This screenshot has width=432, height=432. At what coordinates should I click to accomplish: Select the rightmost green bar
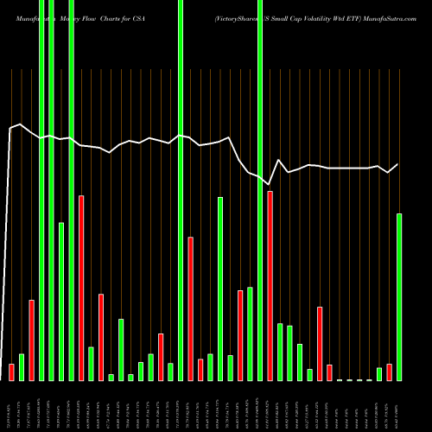coord(399,296)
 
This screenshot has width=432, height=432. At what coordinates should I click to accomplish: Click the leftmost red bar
coord(12,372)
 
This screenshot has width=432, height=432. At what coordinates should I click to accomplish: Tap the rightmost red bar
coord(389,372)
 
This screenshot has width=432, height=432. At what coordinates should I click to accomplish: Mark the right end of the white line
coord(398,164)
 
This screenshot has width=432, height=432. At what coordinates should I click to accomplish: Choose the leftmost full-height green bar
coord(41,190)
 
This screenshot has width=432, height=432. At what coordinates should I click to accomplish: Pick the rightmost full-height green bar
coord(260,190)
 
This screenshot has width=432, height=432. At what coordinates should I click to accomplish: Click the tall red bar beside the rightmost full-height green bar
coord(270,285)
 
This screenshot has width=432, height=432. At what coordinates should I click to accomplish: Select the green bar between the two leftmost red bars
coord(22,367)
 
